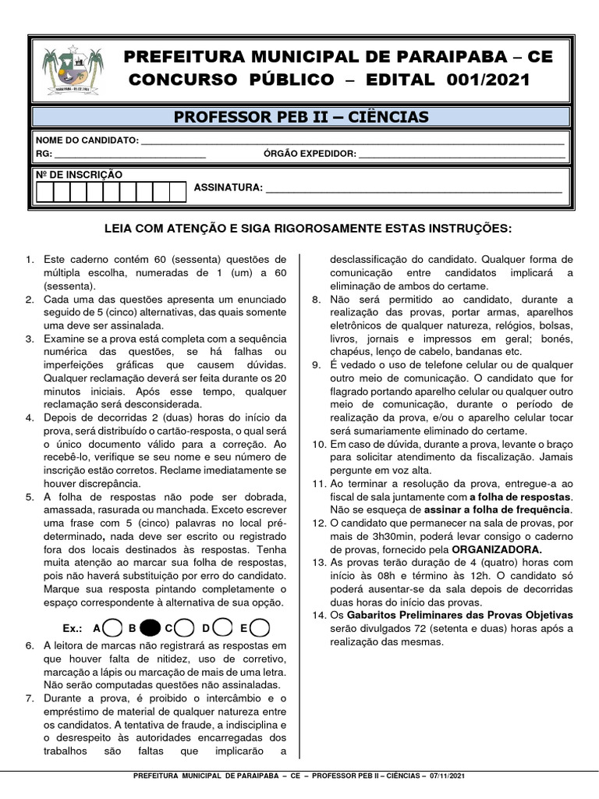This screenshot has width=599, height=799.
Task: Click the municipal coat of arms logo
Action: [x=73, y=71]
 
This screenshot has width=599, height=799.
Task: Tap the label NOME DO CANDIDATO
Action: [x=87, y=140]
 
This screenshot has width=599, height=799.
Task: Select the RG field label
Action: [x=44, y=154]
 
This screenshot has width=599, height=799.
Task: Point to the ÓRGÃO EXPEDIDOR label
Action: [x=310, y=154]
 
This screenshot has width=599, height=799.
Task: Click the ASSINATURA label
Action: [x=228, y=189]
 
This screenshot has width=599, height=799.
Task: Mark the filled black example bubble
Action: [x=151, y=627]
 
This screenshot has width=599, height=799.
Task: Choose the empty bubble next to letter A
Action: [x=112, y=627]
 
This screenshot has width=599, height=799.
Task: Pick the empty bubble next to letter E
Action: [x=261, y=627]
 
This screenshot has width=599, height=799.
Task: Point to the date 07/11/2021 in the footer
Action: [x=451, y=777]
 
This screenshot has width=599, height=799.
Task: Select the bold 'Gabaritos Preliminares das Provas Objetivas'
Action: [x=466, y=615]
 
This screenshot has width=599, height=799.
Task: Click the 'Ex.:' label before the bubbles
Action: [x=73, y=628]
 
